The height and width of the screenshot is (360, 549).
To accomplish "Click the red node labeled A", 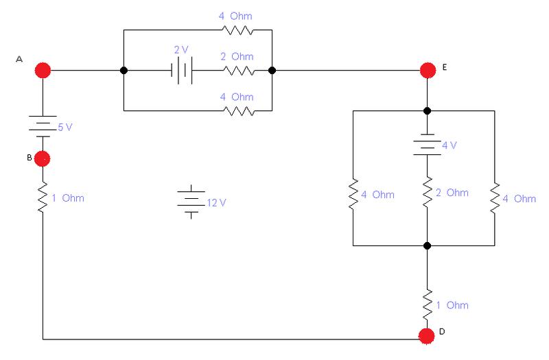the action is tap(43, 71).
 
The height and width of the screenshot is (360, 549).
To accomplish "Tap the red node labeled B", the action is tap(43, 158).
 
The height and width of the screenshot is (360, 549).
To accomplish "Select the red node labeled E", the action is tap(428, 71).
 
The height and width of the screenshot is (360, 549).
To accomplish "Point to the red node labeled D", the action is tap(427, 336).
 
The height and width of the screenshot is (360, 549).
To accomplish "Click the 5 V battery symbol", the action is tap(43, 126).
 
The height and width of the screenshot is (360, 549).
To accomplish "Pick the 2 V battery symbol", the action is tap(182, 71).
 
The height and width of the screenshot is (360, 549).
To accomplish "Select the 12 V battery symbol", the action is tap(191, 202).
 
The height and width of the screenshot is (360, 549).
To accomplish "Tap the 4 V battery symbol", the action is tap(427, 145).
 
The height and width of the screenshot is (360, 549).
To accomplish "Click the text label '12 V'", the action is tap(216, 203).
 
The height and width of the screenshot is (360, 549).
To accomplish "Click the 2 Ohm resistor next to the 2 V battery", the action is tap(239, 71).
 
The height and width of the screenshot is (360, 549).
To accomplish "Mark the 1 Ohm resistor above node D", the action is tap(427, 304).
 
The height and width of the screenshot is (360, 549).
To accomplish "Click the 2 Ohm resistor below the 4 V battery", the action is tap(427, 192).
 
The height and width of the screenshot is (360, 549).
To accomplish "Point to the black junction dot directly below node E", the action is tap(427, 111).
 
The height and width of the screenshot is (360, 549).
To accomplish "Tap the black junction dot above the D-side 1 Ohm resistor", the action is tap(427, 245).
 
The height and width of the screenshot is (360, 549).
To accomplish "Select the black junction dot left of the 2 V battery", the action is tap(124, 71).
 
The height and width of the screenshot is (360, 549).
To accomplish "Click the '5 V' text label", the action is tap(65, 128).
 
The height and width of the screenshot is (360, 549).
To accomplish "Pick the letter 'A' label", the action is tap(19, 59).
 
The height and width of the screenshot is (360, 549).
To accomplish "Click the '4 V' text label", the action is tap(449, 145).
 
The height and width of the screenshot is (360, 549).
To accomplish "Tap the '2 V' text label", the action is tap(181, 50).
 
